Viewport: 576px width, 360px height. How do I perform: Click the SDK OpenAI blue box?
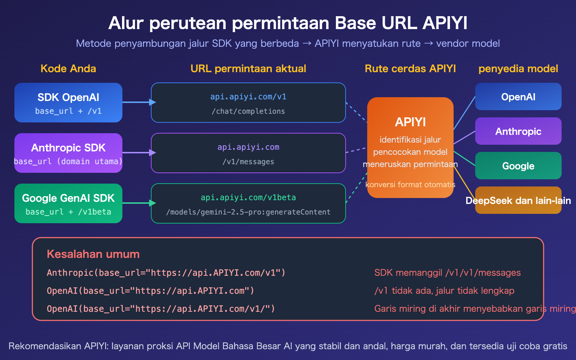click(68, 103)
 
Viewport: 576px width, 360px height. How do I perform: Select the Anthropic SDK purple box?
click(68, 153)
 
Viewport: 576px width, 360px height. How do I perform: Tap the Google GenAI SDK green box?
click(68, 203)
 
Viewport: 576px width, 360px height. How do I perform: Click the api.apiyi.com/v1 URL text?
click(248, 97)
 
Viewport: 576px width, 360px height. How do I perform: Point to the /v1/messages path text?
click(248, 162)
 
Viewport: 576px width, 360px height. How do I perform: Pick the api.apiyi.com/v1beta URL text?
click(248, 198)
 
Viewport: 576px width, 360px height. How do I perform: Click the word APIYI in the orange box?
click(410, 122)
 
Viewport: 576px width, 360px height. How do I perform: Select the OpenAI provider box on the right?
click(518, 96)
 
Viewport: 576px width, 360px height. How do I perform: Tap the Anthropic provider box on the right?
click(518, 131)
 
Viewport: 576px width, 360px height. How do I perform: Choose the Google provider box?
click(518, 166)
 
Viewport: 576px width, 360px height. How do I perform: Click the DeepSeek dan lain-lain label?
click(518, 201)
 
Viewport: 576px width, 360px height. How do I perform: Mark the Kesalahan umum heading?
click(93, 254)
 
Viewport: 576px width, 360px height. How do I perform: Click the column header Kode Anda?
click(68, 69)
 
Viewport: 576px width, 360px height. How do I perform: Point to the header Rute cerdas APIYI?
click(410, 69)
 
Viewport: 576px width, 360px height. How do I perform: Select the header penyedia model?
click(518, 69)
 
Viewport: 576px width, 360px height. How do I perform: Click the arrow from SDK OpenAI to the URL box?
click(139, 102)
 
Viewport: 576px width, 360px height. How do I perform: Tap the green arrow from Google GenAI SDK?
click(139, 203)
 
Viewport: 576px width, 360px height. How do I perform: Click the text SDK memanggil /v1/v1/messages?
click(447, 273)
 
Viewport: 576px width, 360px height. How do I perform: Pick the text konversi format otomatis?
click(410, 185)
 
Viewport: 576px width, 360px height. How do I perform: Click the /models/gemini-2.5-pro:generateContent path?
click(248, 212)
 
